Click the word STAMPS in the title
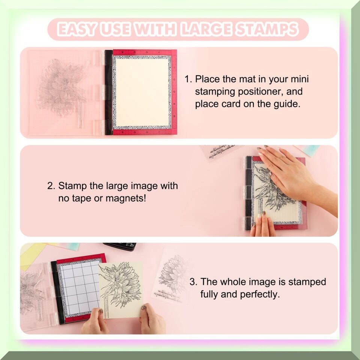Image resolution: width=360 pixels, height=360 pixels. (x=267, y=29)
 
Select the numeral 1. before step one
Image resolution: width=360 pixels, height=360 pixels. (x=188, y=79)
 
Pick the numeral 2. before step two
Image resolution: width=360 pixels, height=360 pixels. (x=51, y=186)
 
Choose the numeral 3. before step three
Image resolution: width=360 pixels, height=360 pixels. (x=193, y=282)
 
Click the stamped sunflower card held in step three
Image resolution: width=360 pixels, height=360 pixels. (x=120, y=290)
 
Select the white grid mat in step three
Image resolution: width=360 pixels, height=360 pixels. (x=79, y=288)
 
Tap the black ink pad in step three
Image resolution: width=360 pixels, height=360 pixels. (x=120, y=246)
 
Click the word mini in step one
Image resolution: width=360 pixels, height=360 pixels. (x=300, y=79)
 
